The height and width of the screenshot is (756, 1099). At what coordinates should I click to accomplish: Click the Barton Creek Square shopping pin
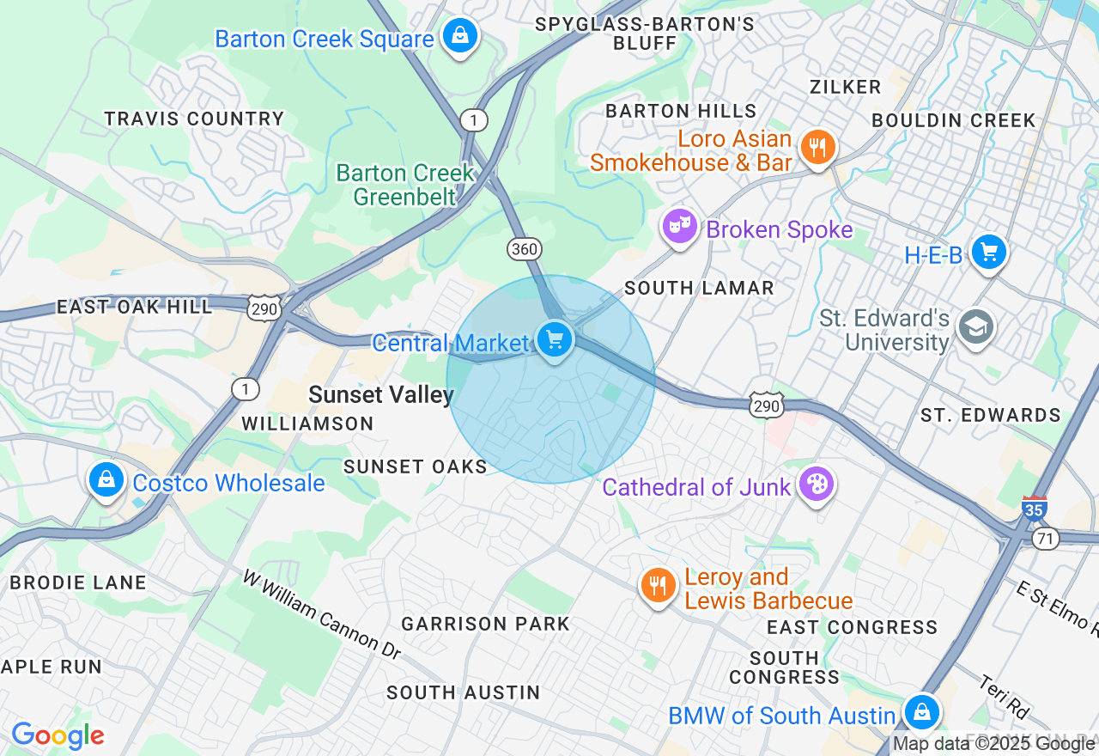click(461, 37)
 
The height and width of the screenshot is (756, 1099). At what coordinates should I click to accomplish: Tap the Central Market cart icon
click(555, 340)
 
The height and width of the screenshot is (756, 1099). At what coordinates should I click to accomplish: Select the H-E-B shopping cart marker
click(989, 253)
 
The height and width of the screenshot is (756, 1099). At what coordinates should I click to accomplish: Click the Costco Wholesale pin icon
click(106, 480)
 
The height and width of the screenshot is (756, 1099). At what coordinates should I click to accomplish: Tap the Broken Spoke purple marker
click(679, 227)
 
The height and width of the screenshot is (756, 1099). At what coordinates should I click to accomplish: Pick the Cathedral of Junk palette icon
click(815, 485)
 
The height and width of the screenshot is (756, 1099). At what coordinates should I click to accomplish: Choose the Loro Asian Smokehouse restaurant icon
click(817, 148)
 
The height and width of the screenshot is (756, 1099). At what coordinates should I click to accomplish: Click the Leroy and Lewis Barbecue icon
click(658, 587)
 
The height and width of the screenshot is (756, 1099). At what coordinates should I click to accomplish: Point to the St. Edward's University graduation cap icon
click(976, 327)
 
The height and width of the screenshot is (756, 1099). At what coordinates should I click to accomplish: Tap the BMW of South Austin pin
click(921, 712)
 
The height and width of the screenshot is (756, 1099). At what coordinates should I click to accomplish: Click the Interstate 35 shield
click(1035, 508)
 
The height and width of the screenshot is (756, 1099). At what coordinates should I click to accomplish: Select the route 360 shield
click(524, 249)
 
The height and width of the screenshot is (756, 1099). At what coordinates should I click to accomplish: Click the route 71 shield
click(1046, 539)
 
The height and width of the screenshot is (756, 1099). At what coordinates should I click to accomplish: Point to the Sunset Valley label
click(380, 394)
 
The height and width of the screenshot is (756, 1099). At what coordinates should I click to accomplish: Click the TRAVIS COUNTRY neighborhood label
click(194, 119)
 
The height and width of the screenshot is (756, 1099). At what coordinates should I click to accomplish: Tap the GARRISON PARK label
click(485, 624)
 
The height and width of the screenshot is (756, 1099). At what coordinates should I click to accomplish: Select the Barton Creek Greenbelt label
click(405, 185)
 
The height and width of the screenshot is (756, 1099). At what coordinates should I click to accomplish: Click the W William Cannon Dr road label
click(321, 614)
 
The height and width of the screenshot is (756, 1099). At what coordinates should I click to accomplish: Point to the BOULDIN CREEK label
click(954, 120)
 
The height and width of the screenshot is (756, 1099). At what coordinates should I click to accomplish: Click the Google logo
click(58, 735)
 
